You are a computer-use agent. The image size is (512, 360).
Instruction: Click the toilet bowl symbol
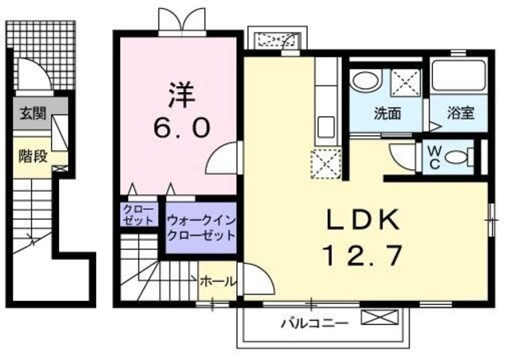[457, 156]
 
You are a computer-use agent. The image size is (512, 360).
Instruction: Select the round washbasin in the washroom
[366, 82]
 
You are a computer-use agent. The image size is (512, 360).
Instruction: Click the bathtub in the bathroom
[459, 80]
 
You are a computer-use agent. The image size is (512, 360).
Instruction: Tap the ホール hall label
[217, 282]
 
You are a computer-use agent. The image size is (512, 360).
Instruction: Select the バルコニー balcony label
[314, 324]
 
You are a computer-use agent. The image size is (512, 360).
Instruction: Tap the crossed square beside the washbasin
[406, 82]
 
